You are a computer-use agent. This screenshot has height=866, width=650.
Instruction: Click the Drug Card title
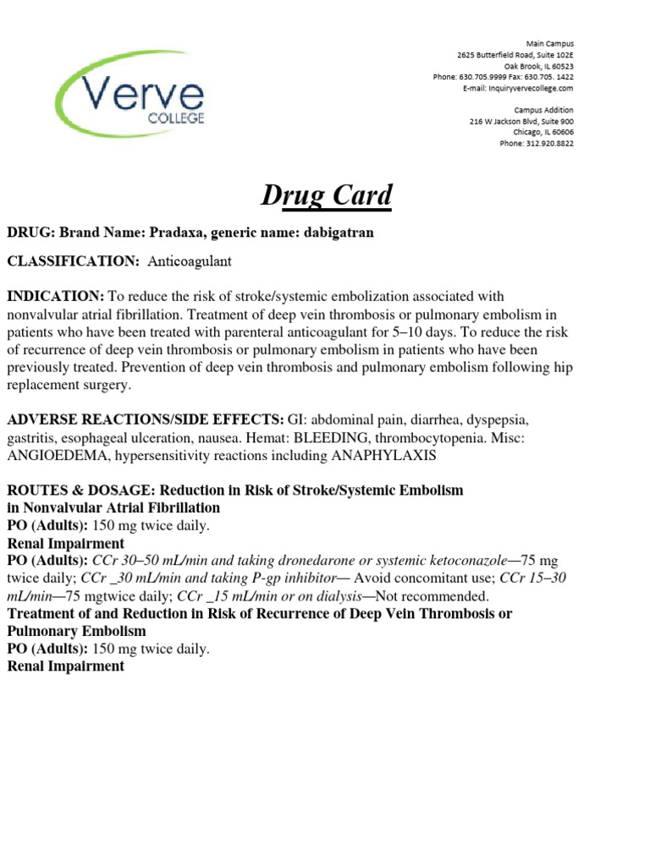[x=325, y=196]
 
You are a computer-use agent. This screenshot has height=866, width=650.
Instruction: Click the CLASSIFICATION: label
[x=74, y=262]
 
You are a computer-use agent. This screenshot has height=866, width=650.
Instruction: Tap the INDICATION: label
[x=55, y=296]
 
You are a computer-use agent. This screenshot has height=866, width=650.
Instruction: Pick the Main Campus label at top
[x=549, y=43]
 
